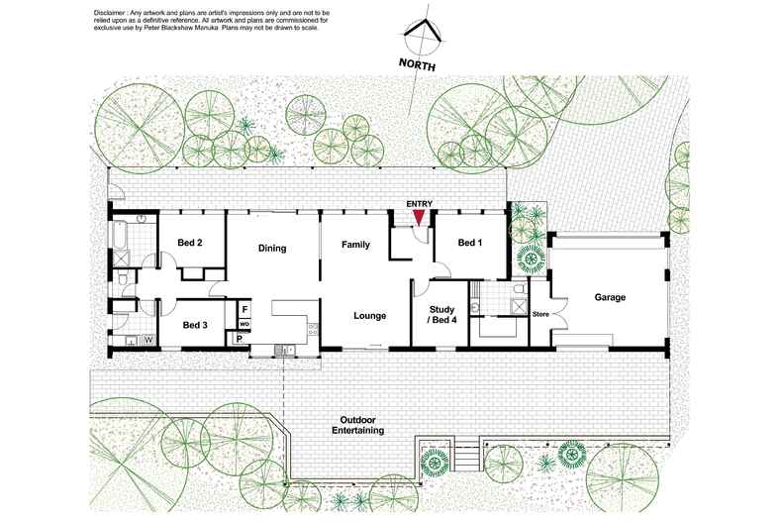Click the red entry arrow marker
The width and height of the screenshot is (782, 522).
(419, 216)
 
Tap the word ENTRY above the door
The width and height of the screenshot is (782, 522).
(420, 204)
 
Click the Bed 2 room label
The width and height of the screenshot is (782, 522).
(190, 243)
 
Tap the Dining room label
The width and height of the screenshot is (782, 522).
(272, 249)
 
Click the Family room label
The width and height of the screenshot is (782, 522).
(355, 244)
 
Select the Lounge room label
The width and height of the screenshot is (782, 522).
(369, 316)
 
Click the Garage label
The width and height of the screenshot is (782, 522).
(612, 296)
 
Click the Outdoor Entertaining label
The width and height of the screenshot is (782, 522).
(359, 424)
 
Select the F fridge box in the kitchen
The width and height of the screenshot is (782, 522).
(244, 309)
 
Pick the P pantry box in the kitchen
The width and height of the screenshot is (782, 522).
(239, 339)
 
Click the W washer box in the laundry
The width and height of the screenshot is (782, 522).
(149, 341)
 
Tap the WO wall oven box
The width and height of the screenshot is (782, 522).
(244, 324)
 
